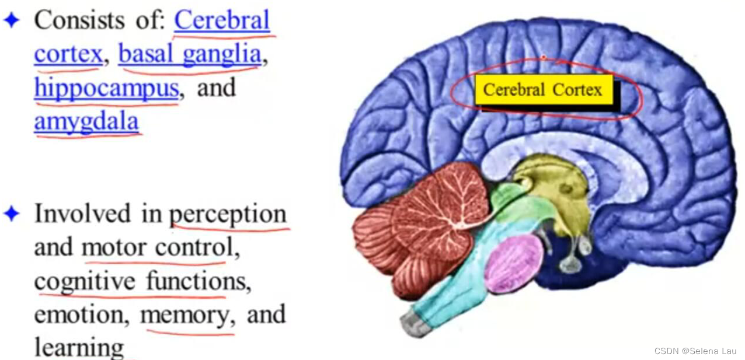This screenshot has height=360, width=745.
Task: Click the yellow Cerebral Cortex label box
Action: click(543, 90)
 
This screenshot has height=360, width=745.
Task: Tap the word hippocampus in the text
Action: click(106, 89)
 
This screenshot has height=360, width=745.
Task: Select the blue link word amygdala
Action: click(86, 122)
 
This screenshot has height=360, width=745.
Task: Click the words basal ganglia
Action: click(189, 54)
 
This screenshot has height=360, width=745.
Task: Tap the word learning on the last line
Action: click(79, 348)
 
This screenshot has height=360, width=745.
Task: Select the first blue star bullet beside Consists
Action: click(12, 21)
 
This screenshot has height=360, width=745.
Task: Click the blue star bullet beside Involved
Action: click(12, 214)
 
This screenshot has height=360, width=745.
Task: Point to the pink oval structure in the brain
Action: click(513, 264)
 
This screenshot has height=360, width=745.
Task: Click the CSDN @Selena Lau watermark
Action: click(695, 351)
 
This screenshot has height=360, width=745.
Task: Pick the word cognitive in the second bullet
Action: click(85, 282)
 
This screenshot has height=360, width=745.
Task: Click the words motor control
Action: click(156, 249)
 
